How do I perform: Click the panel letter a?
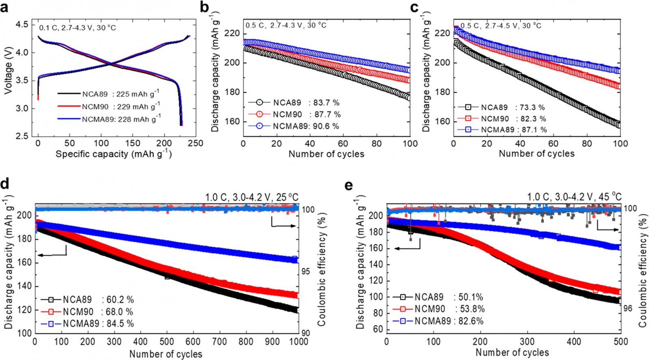[4, 7]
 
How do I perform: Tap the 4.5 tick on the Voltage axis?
[22, 24]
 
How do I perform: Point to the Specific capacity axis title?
[114, 154]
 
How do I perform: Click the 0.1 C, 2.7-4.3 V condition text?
[77, 28]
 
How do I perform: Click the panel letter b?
[205, 7]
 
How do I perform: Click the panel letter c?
[414, 7]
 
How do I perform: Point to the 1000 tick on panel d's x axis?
[299, 342]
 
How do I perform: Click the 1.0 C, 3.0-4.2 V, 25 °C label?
[251, 198]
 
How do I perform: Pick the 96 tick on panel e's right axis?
[628, 309]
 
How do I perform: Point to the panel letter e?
[348, 185]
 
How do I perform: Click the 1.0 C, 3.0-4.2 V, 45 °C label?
[574, 197]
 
